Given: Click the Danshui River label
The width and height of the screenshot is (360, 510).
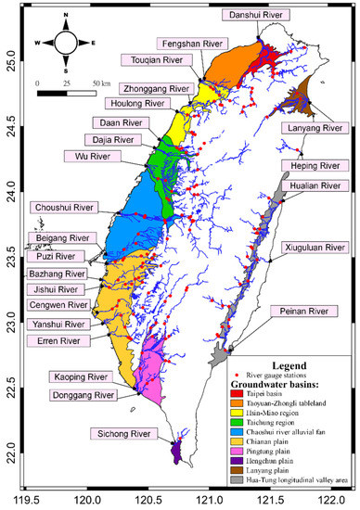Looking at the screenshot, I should point(253,16).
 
